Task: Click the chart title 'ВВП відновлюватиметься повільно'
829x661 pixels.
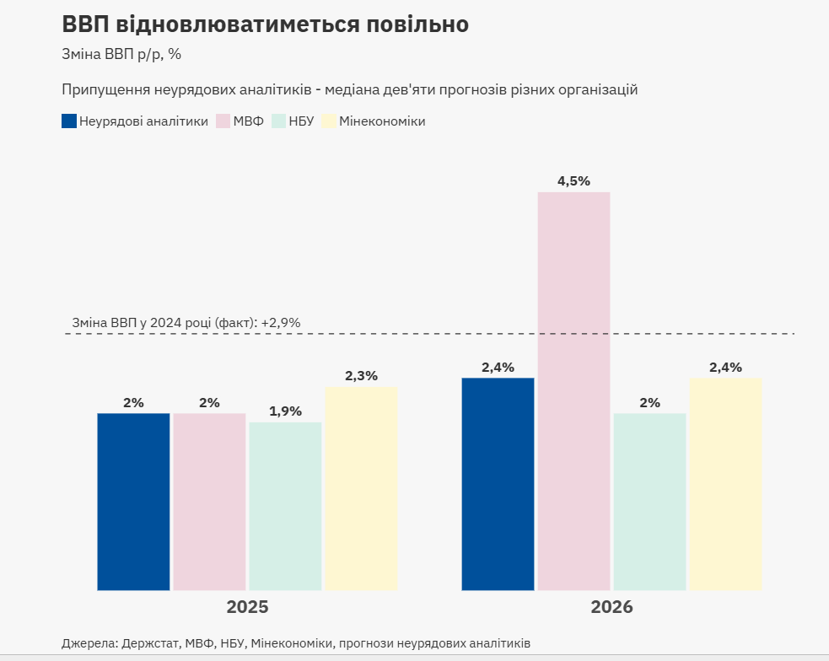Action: coord(265,24)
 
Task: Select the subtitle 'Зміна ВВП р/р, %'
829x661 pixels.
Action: coord(121,54)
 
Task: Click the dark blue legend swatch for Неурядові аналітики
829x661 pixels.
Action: coord(69,121)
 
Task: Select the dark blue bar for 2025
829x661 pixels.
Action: coord(133,502)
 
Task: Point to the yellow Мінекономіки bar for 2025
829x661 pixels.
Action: coord(361,489)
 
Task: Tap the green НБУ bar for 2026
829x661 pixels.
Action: coord(649,502)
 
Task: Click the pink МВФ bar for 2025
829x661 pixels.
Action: coord(209,502)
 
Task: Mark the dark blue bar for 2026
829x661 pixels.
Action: coord(498,484)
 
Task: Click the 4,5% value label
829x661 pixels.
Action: coord(573,181)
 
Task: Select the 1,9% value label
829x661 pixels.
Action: coord(285,411)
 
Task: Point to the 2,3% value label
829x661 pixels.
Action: coord(361,376)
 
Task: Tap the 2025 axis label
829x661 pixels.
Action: coord(247,607)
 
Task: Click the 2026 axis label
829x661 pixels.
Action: coord(611,607)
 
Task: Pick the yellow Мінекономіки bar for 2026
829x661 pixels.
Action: coord(725,484)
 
